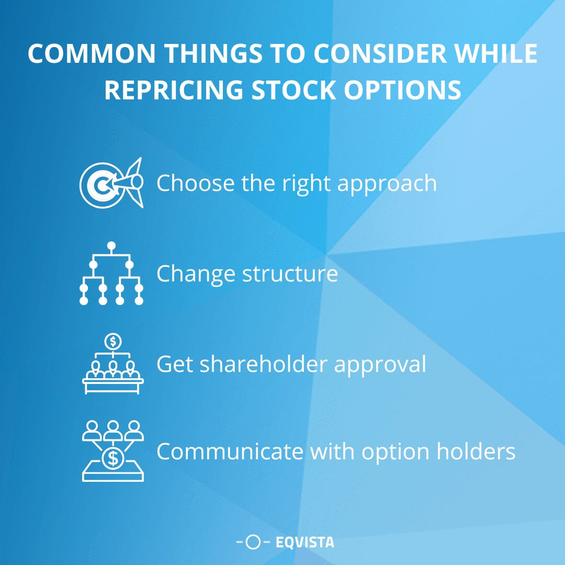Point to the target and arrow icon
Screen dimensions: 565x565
pyautogui.click(x=111, y=183)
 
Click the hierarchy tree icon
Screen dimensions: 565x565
pyautogui.click(x=111, y=273)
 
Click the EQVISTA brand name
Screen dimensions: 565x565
pyautogui.click(x=304, y=543)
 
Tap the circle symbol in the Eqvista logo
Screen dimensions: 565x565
pyautogui.click(x=253, y=543)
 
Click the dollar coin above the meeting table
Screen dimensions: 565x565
pyautogui.click(x=112, y=342)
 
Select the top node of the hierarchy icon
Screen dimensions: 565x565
pyautogui.click(x=111, y=245)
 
